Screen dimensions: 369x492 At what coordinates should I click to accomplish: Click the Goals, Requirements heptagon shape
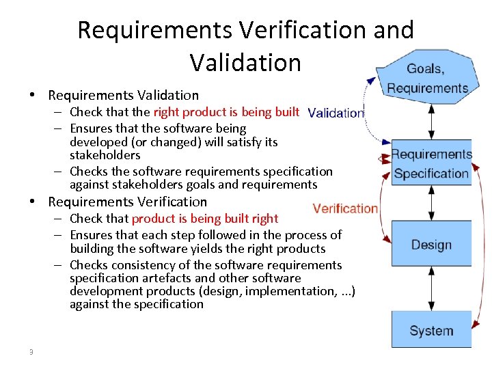click(427, 77)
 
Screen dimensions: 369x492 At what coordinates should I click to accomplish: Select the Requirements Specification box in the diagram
click(431, 164)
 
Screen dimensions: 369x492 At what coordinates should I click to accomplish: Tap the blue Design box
click(431, 243)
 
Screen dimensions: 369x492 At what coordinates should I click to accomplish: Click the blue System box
click(431, 329)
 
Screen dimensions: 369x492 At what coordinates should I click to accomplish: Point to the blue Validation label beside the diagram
click(336, 113)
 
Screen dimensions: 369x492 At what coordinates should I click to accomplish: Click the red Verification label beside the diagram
click(345, 208)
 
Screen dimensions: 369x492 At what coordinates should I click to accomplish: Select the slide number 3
click(31, 352)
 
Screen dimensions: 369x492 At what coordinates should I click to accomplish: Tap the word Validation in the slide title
click(245, 62)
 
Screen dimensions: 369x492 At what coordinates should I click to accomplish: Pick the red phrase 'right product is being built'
click(226, 112)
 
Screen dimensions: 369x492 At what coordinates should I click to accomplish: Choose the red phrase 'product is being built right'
click(205, 219)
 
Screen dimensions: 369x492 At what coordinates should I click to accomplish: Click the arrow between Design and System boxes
click(431, 288)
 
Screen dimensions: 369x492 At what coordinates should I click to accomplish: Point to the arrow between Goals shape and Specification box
click(431, 122)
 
